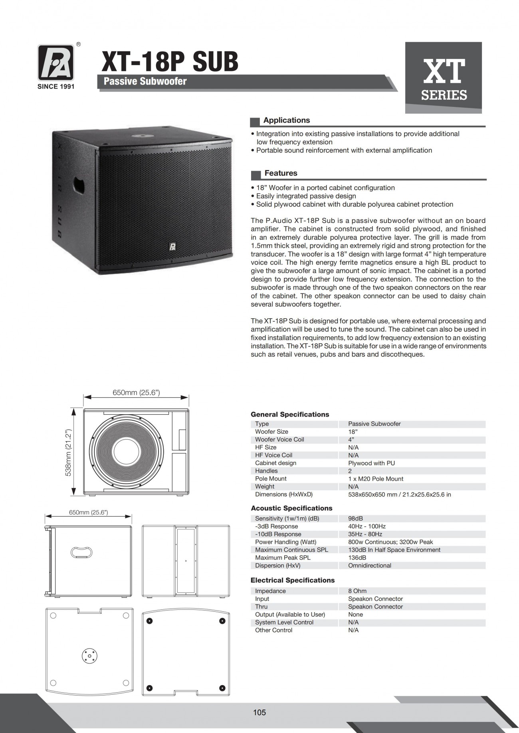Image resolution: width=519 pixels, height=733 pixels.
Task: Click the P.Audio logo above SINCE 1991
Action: coord(56,63)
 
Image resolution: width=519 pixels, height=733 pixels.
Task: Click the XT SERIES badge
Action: coord(444,78)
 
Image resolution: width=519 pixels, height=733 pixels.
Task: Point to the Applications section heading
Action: coord(286,120)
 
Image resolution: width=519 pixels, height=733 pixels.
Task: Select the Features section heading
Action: coord(281,173)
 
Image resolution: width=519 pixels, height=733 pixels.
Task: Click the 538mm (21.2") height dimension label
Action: coord(68,453)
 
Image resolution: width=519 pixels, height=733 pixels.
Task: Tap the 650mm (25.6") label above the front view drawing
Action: coord(136,392)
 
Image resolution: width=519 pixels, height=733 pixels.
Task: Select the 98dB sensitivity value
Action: coord(355,518)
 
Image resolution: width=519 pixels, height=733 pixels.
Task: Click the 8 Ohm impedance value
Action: coord(357,591)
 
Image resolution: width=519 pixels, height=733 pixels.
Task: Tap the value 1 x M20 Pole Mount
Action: coord(375,479)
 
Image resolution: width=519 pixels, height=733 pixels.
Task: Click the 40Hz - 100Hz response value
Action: coord(366,526)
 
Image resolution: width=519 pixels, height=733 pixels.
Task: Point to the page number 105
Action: coord(259,712)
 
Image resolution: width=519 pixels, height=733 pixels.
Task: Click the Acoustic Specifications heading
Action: coord(291,508)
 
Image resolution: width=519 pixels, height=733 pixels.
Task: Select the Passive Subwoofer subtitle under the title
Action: coord(145,81)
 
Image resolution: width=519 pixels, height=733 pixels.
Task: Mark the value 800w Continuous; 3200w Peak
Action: coord(390,542)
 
